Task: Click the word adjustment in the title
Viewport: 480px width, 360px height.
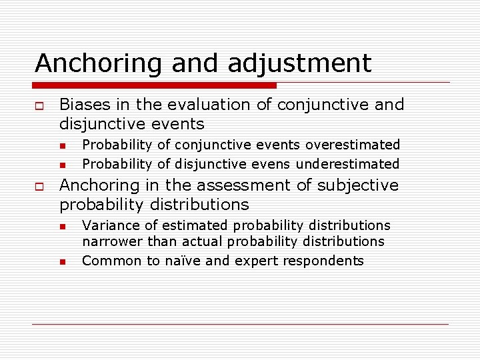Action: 299,64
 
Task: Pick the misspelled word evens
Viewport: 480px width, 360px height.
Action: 274,164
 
